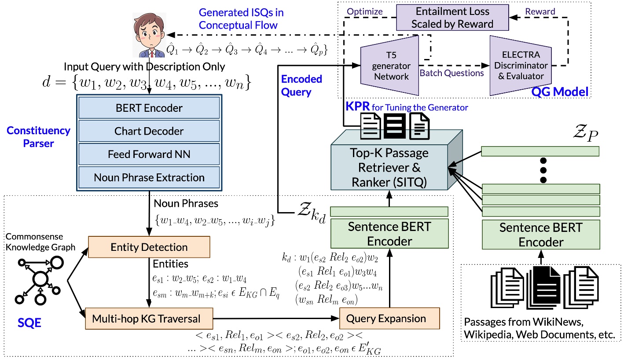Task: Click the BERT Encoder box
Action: pyautogui.click(x=149, y=107)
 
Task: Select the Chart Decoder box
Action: pyautogui.click(x=149, y=131)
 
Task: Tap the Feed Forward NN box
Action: pyautogui.click(x=149, y=154)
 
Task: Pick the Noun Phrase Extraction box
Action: pyautogui.click(x=149, y=177)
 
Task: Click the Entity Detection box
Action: pyautogui.click(x=149, y=247)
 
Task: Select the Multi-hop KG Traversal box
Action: pyautogui.click(x=149, y=319)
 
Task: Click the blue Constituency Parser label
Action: pyautogui.click(x=38, y=136)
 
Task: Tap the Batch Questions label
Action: pyautogui.click(x=451, y=73)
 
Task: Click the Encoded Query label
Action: pyautogui.click(x=302, y=85)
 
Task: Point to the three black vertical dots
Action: pyautogui.click(x=543, y=169)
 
